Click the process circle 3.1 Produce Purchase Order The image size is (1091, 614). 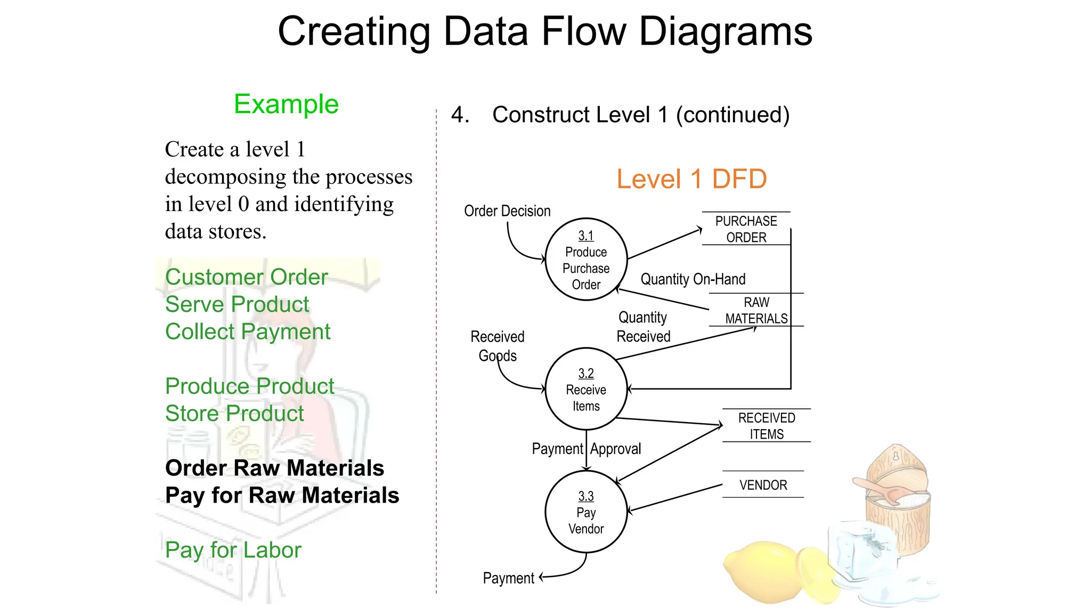[586, 260]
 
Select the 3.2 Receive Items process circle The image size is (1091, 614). [586, 389]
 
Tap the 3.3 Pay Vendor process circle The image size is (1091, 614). [586, 512]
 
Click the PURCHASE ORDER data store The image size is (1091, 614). [746, 229]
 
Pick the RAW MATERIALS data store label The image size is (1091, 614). [756, 310]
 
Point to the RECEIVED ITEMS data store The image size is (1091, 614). [766, 426]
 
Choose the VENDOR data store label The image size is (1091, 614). [763, 485]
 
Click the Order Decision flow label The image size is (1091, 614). [507, 211]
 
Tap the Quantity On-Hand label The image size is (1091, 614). [693, 279]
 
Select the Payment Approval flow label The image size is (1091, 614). [586, 449]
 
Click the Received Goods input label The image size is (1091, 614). [498, 346]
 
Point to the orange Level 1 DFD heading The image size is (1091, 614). [691, 179]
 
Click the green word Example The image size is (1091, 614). [286, 104]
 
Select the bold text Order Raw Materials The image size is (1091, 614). [274, 468]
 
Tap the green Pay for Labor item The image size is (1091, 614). [233, 550]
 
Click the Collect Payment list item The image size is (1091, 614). [248, 332]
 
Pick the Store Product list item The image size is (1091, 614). [234, 414]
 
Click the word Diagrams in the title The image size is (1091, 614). [726, 32]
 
